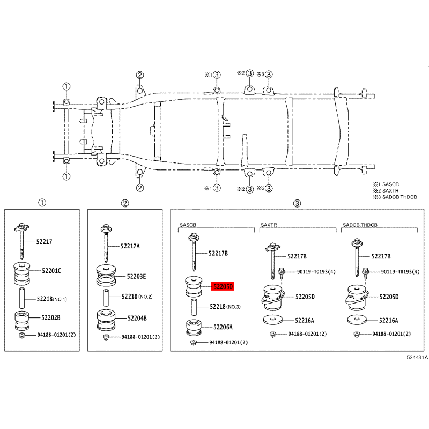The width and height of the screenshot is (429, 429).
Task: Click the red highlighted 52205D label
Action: click(x=223, y=286)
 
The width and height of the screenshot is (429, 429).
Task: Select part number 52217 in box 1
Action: click(x=45, y=242)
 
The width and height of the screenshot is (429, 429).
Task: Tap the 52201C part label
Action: click(x=51, y=271)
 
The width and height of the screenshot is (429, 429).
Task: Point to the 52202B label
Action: click(x=51, y=317)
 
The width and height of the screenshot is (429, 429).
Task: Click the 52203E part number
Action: click(x=136, y=277)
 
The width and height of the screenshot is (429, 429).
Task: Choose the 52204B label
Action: click(x=137, y=318)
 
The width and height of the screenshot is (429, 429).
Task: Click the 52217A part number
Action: click(x=130, y=246)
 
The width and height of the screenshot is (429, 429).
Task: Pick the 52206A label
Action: click(x=223, y=327)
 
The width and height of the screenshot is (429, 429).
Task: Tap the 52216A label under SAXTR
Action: click(x=305, y=320)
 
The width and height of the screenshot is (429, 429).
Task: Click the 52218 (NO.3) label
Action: click(x=225, y=307)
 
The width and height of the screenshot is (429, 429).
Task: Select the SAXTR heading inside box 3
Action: click(x=269, y=225)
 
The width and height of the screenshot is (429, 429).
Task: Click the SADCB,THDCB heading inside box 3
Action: click(x=360, y=225)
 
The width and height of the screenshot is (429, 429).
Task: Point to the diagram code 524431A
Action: click(x=417, y=357)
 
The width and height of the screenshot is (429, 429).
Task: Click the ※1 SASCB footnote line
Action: click(x=386, y=184)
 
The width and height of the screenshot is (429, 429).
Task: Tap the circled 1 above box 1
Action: click(x=42, y=203)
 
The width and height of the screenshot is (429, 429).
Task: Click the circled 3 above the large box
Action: click(x=297, y=203)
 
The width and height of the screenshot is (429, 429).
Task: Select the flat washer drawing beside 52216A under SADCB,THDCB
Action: click(x=357, y=319)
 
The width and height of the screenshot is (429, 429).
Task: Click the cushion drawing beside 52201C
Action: click(x=22, y=273)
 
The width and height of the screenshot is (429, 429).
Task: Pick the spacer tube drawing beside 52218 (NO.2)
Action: click(x=106, y=298)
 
